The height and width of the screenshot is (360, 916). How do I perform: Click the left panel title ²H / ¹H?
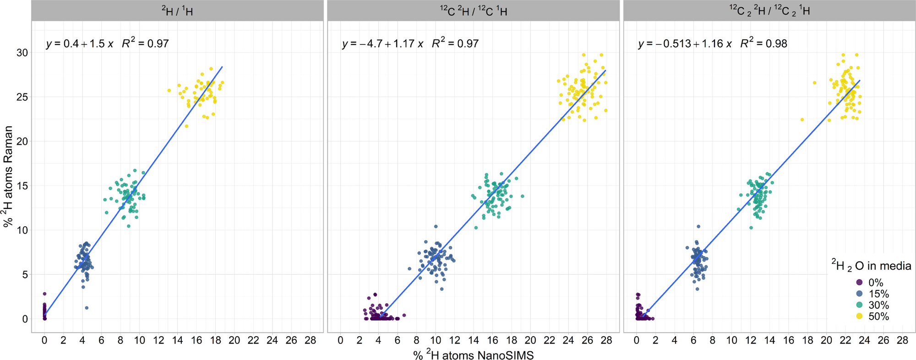(x=177, y=11)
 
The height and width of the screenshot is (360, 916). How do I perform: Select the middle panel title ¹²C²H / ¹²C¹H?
(x=473, y=11)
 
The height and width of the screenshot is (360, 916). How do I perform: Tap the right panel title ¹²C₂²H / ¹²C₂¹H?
(x=769, y=11)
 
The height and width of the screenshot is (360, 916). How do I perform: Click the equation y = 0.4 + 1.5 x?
(x=79, y=44)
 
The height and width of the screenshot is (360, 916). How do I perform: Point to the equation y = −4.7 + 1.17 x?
(x=382, y=44)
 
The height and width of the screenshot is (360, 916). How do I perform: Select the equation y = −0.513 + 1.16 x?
(x=685, y=44)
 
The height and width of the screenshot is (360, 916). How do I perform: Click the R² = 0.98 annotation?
(x=764, y=44)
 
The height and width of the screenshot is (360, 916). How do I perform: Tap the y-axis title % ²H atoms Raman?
(x=8, y=177)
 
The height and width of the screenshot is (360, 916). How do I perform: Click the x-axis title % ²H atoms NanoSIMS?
(x=473, y=355)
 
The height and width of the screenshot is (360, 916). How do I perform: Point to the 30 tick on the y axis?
(x=22, y=53)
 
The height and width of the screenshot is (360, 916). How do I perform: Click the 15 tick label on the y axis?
(x=22, y=186)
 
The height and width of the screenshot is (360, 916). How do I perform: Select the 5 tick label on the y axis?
(x=25, y=275)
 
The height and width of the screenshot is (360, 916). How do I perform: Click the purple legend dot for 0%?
(x=859, y=283)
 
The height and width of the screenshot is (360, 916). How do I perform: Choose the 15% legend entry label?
(x=878, y=294)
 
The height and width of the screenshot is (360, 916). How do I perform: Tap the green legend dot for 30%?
(x=859, y=305)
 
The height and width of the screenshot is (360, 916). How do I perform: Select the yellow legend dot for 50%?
(x=859, y=316)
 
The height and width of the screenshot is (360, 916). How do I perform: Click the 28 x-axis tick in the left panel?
(x=310, y=341)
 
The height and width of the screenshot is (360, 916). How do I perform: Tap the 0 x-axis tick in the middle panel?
(x=340, y=341)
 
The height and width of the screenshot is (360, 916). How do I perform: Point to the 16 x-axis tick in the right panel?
(x=788, y=341)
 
